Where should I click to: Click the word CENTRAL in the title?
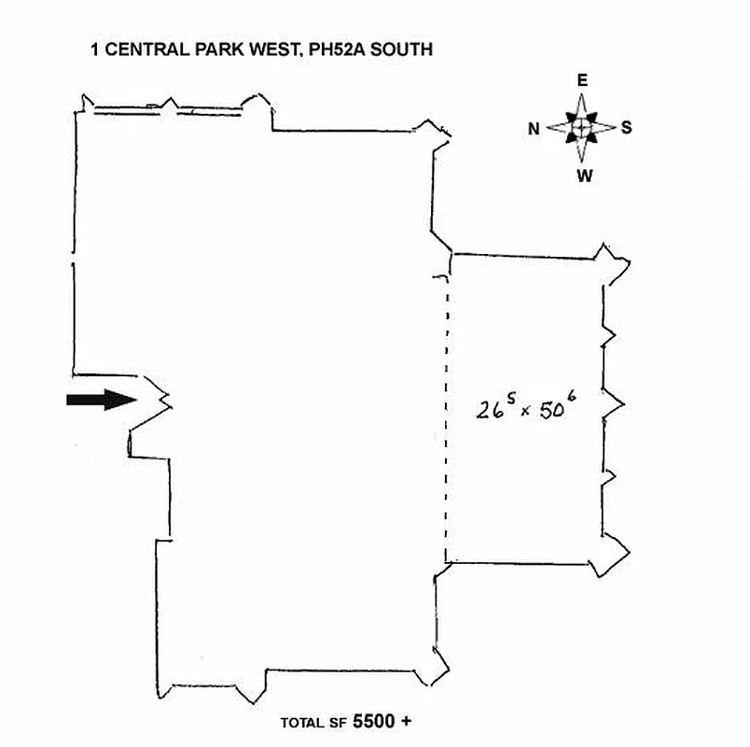coord(139,49)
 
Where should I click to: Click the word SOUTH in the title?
coord(402,49)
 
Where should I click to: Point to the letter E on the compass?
coord(582,81)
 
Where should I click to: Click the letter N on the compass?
coord(535,129)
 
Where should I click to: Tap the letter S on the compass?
coord(626,128)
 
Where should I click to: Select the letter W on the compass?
coord(583,175)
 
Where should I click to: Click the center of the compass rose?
coord(581,127)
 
